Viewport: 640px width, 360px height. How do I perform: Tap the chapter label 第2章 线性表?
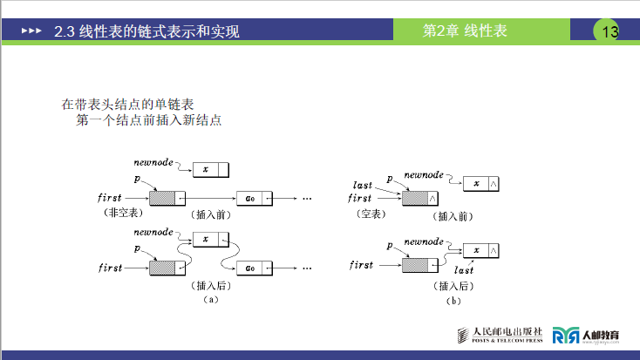point(465,31)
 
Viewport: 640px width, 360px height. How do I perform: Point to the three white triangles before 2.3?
point(31,32)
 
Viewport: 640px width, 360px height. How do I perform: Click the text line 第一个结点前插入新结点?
point(149,119)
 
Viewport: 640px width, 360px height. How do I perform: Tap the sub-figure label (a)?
point(209,299)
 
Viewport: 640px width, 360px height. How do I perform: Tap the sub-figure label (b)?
point(453,301)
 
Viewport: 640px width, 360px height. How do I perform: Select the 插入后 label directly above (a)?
point(208,285)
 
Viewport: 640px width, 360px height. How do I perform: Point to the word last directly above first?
point(363,185)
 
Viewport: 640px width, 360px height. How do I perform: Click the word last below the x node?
point(464,271)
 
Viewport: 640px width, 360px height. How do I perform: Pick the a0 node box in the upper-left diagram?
point(255,199)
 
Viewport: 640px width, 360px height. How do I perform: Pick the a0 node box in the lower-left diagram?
point(255,267)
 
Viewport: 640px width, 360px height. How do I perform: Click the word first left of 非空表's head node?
point(110,199)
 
